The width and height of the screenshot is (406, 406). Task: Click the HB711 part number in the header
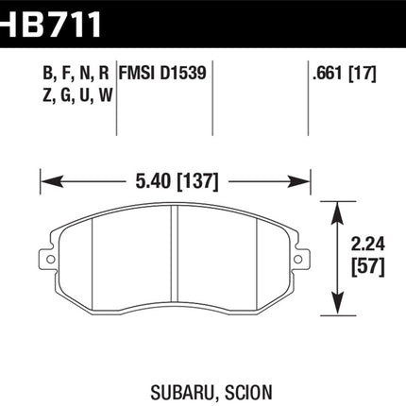coord(50,25)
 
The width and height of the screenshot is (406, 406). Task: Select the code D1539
coord(183,73)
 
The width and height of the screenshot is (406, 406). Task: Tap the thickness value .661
coord(328,74)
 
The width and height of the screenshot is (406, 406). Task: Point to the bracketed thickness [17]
coord(363,74)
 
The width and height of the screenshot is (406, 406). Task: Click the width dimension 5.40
coord(154,182)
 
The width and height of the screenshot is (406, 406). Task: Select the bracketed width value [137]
coord(198,182)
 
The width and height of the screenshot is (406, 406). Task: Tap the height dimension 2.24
coord(368,245)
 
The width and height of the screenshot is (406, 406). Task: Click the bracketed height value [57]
coord(368,268)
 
